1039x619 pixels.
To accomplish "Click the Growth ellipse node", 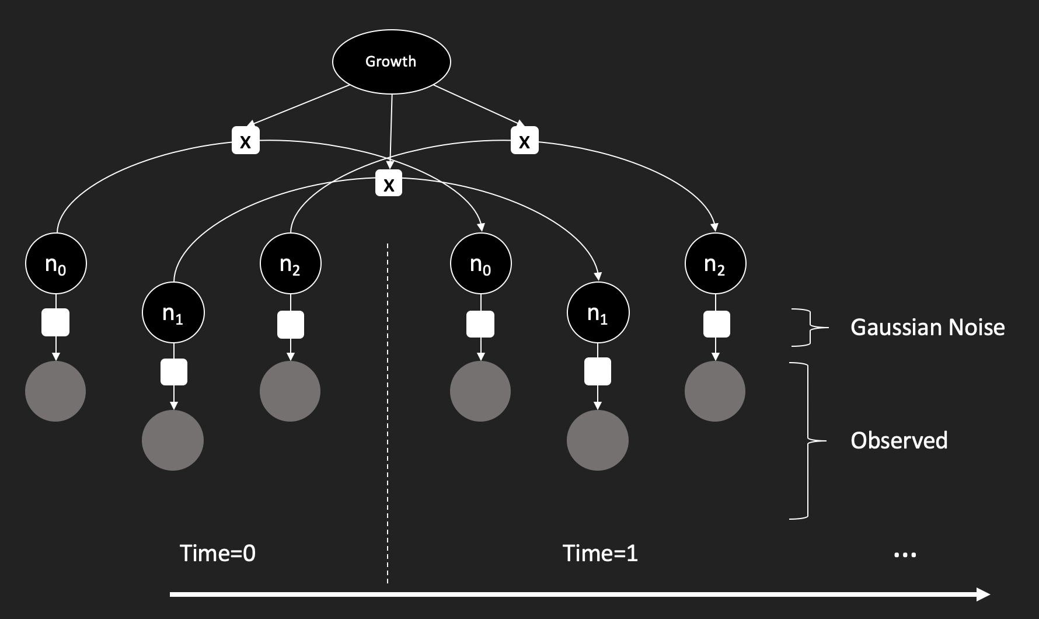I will (391, 62).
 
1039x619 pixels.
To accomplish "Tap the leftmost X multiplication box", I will (246, 141).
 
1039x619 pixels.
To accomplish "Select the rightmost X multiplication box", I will (524, 141).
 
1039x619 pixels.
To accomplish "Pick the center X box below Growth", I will (389, 183).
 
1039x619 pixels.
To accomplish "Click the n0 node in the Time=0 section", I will (55, 265).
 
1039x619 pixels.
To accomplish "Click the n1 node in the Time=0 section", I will (173, 313).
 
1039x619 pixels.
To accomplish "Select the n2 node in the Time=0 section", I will (290, 265).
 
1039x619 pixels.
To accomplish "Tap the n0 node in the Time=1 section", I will (480, 265).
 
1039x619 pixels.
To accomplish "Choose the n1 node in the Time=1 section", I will (598, 313).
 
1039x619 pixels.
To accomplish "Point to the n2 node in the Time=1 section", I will (715, 265).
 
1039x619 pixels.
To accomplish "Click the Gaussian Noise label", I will (928, 327).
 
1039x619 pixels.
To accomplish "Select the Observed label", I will (899, 440).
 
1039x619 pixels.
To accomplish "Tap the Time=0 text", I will (218, 553).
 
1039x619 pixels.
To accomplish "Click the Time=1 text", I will (600, 553).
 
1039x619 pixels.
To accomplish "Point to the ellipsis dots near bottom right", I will (905, 555).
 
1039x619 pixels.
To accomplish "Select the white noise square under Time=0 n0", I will (55, 322).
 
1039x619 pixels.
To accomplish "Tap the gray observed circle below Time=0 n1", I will (173, 440).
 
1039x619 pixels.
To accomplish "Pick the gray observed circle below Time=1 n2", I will (715, 391).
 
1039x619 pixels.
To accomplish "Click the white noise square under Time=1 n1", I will (598, 371).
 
